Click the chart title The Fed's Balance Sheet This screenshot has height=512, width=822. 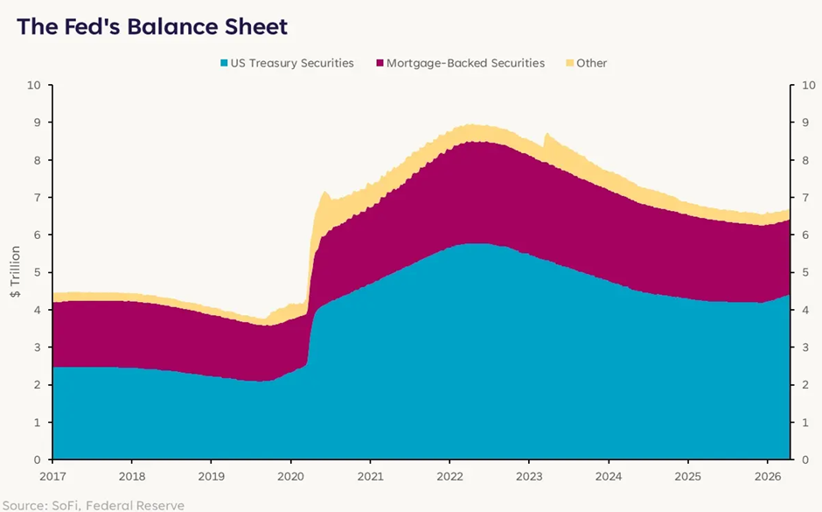[x=152, y=27]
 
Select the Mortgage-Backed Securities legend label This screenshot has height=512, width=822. [x=465, y=63]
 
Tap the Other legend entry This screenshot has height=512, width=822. [x=592, y=63]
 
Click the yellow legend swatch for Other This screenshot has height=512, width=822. [x=569, y=63]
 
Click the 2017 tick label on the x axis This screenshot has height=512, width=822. [x=52, y=476]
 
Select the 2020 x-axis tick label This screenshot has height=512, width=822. [x=290, y=476]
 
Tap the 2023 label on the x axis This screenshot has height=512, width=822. [x=528, y=476]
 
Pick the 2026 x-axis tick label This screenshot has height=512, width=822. [x=766, y=476]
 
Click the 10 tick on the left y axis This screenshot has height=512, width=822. [x=35, y=86]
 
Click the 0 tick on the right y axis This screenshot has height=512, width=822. [x=794, y=459]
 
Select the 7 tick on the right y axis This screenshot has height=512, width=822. [x=794, y=198]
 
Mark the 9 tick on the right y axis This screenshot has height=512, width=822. [x=794, y=123]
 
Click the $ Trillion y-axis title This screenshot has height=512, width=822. [x=16, y=272]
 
